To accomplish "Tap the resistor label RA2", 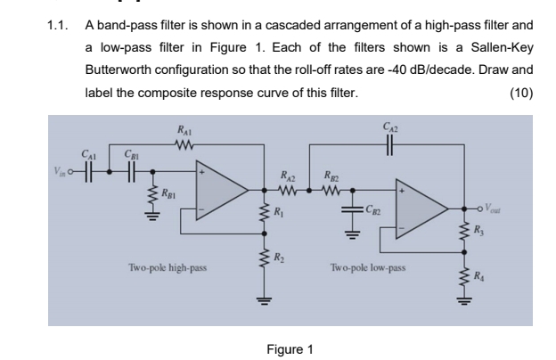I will pyautogui.click(x=289, y=175).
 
